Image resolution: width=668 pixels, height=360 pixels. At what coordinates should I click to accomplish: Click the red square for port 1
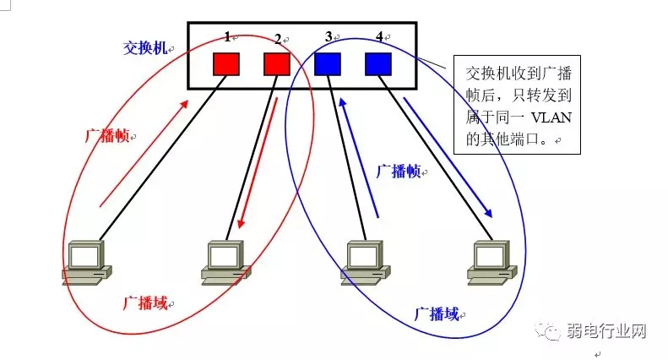pos(226,64)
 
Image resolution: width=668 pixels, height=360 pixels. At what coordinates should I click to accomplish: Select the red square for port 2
pos(277,64)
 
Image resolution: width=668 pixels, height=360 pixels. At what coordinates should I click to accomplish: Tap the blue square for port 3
pos(327,64)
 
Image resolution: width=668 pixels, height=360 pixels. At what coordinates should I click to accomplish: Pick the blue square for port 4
pos(377,64)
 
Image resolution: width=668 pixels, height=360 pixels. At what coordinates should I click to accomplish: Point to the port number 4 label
pos(379,36)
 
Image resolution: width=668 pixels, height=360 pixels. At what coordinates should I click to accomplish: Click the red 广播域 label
pos(144,302)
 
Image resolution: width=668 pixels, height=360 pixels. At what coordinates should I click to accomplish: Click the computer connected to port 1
pos(87,260)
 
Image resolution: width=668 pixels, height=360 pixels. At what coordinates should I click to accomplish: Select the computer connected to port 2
pos(225,260)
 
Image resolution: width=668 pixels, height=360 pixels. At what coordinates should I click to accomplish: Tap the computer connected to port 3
pos(367,260)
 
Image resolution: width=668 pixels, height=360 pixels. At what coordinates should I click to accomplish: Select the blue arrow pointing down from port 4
pos(448,156)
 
